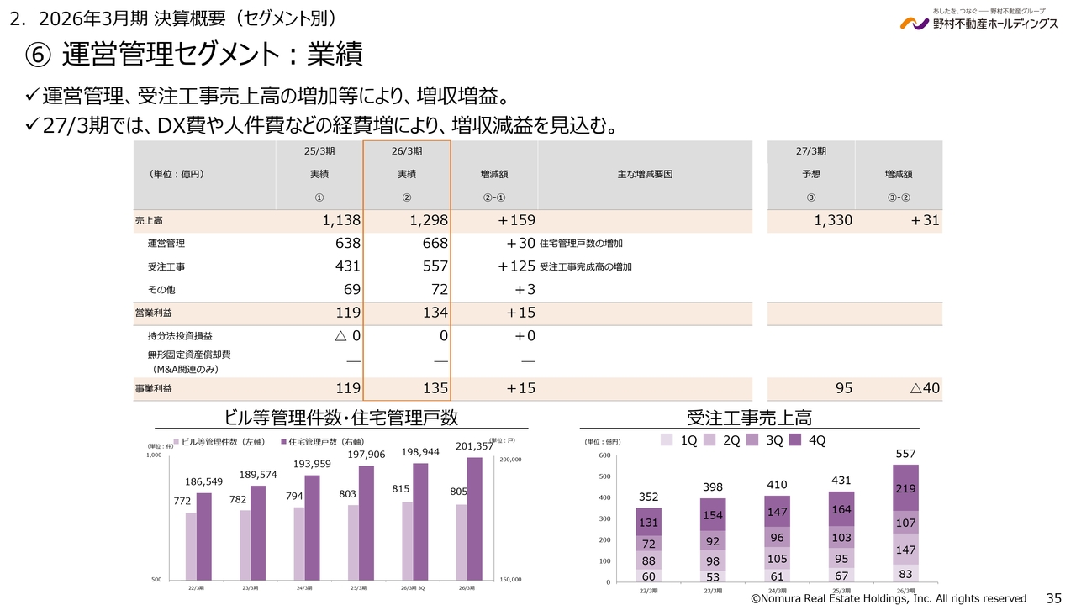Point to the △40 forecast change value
(924, 388)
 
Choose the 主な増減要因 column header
(645, 174)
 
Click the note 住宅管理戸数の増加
(582, 244)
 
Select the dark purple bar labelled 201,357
(474, 518)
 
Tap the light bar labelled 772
(192, 546)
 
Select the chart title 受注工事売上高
(749, 418)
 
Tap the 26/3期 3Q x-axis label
(414, 587)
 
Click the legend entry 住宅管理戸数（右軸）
(319, 442)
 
